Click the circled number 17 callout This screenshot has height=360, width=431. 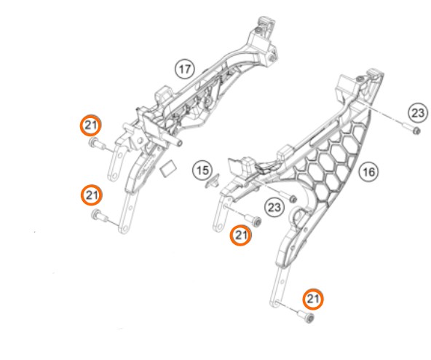point(185,69)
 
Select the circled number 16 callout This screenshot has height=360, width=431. point(368,172)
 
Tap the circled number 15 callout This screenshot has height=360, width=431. point(202,171)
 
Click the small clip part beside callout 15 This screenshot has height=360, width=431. point(213,181)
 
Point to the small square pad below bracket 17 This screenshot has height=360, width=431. point(168,168)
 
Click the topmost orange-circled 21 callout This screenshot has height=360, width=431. point(91,125)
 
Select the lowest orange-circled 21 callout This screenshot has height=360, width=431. point(313,300)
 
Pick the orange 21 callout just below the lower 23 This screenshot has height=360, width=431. point(241,235)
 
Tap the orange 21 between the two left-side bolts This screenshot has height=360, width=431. point(92,195)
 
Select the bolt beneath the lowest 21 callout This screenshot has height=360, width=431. point(305,316)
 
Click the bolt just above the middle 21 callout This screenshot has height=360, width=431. point(253,219)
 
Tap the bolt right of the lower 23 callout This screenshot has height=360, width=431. point(290,197)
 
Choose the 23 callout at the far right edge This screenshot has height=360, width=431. point(418,113)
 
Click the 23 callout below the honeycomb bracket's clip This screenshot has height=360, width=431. point(274,207)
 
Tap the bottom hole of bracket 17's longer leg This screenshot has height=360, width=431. point(124,228)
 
